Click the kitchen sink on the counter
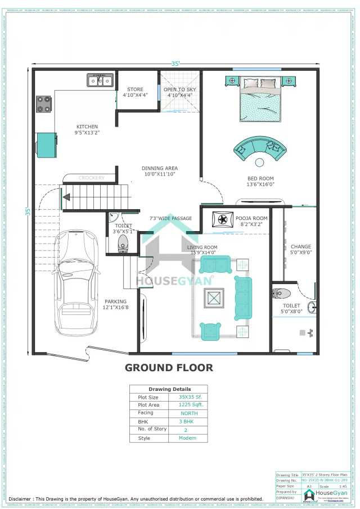click(x=99, y=81)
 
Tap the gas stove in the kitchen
click(x=44, y=103)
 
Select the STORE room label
click(x=135, y=89)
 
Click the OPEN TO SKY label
click(x=179, y=89)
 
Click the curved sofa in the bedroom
click(x=259, y=147)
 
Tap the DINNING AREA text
click(x=160, y=168)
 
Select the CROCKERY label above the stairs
click(x=91, y=178)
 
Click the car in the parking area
click(x=76, y=281)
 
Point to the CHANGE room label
click(x=301, y=246)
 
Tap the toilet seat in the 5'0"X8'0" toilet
click(x=281, y=293)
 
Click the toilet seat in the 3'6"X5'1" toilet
click(x=123, y=242)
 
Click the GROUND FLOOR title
click(x=169, y=368)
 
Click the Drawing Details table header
click(x=169, y=389)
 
